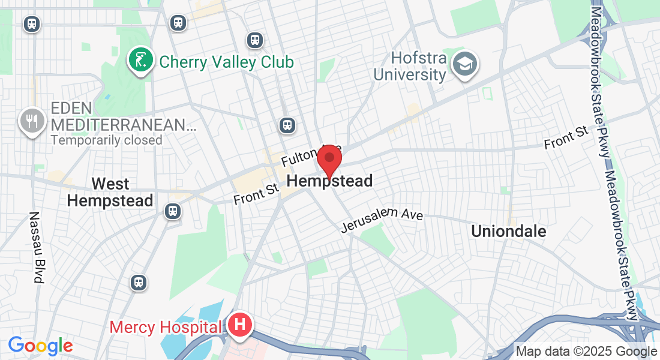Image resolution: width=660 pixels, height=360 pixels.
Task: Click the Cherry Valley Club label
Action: coord(226,62)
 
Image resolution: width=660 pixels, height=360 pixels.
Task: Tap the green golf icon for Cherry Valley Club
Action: coord(140,60)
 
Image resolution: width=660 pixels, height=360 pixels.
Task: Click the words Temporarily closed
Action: coord(106,140)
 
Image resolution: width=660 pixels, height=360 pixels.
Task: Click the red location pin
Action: coord(329,161)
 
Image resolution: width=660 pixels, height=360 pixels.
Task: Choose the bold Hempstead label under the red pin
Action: coord(330,181)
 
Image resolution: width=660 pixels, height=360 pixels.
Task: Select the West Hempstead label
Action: coord(110,192)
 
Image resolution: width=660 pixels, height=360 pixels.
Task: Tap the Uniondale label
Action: coord(509,231)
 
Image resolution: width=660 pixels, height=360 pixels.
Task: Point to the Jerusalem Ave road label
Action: coord(382,221)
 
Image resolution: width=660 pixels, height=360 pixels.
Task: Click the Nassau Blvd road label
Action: coord(37,247)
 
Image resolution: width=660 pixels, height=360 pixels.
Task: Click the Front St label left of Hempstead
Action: coord(257,193)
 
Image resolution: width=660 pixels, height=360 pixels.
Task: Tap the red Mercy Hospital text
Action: coord(165,328)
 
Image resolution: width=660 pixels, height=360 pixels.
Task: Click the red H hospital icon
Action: coord(240,325)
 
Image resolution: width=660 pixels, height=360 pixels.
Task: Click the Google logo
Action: coord(40,346)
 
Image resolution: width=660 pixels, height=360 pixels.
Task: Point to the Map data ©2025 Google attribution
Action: coord(586,352)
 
